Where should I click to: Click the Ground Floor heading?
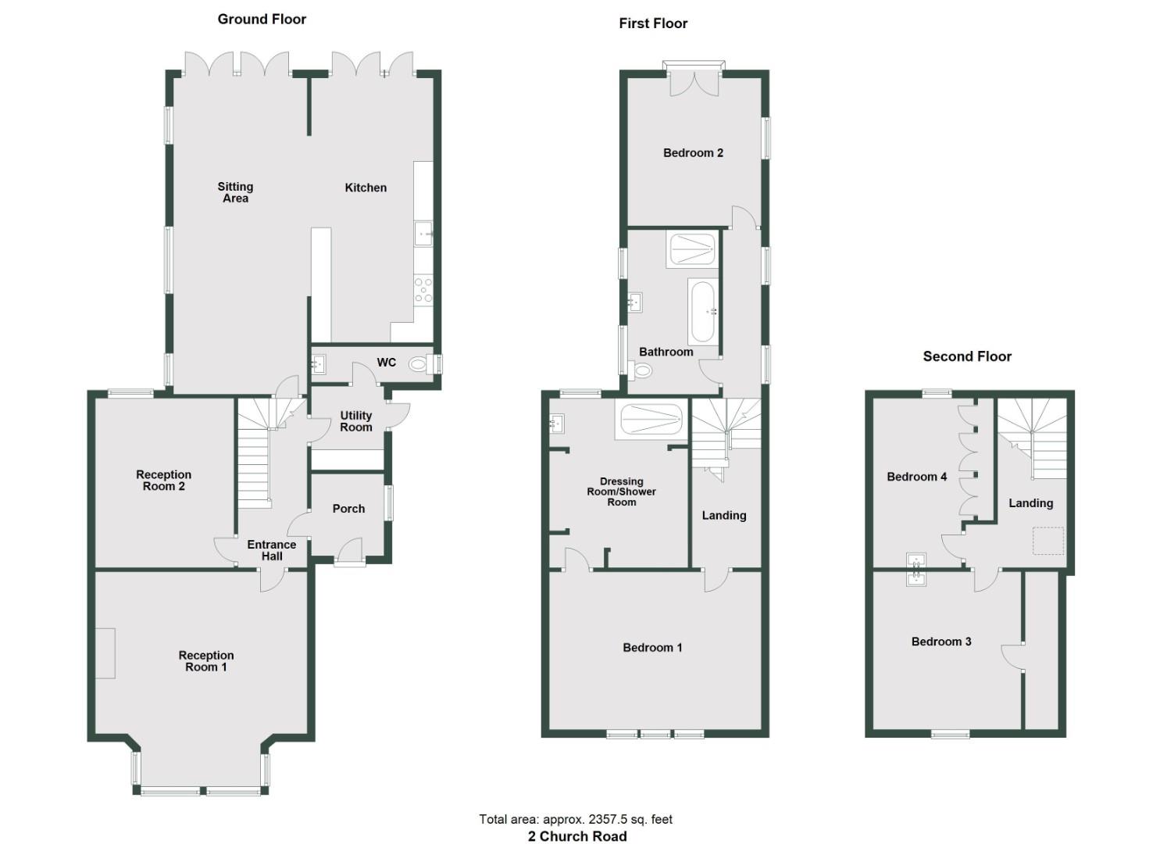coord(262,20)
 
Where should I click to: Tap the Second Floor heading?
coord(967,356)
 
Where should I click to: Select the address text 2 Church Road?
coord(577,836)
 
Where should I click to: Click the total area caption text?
coord(576,819)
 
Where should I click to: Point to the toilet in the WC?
coord(419,363)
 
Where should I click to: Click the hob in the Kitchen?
coord(423,289)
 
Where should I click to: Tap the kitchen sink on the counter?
coord(423,233)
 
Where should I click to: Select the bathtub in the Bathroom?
coord(701,312)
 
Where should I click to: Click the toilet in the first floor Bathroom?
coord(642,370)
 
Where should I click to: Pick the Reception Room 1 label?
coord(206,661)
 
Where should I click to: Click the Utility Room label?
coord(356,421)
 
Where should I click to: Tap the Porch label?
coord(348,509)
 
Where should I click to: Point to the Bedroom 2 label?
coord(693,153)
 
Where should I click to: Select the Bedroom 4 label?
coord(917,477)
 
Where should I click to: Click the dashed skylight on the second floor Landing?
coord(1048,541)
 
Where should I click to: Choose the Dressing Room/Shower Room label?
coord(622,492)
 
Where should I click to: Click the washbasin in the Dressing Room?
coord(557,424)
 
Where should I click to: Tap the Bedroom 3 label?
coord(941,642)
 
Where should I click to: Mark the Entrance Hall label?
coord(272,550)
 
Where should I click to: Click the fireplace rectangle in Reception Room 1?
coord(105,653)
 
